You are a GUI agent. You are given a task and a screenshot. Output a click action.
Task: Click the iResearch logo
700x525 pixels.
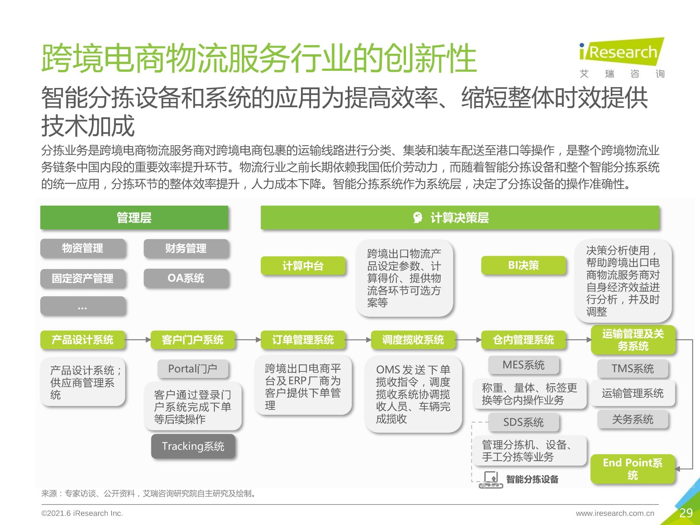coord(622,58)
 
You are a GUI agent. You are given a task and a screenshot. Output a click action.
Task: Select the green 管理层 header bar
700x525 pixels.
coord(134,217)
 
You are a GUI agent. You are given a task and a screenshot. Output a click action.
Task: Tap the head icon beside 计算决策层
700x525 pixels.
coord(417,217)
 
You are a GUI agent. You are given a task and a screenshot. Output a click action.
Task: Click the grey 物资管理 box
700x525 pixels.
coord(83,248)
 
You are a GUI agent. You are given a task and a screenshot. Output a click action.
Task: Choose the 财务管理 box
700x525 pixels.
coord(186,248)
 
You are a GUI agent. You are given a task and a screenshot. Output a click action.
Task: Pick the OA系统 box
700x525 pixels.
coord(186,278)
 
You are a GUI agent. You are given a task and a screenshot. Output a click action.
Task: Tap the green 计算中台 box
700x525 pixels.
coord(303,266)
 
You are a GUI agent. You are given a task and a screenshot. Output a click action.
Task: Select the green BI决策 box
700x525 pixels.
coord(524,265)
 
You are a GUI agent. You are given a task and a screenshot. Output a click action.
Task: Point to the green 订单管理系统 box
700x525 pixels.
coord(303,340)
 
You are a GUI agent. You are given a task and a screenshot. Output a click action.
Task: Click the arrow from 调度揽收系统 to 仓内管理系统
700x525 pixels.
coord(469,340)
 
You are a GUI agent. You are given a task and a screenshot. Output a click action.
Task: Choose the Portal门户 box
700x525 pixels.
coord(193,369)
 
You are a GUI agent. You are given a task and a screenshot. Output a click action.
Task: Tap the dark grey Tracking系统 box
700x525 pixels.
coord(193,446)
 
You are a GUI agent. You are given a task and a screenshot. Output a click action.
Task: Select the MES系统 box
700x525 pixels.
coord(524,365)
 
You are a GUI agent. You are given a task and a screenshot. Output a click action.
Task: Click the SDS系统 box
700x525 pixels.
coord(524,422)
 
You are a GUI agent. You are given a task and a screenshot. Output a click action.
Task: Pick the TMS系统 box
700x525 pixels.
coord(633,368)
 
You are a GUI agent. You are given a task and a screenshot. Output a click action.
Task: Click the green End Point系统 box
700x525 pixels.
coord(633,469)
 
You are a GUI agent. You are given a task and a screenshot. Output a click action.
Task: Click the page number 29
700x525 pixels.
coord(686,513)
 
